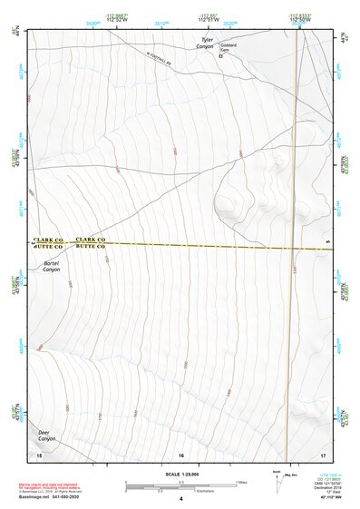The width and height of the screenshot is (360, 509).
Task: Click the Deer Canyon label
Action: click(46, 436)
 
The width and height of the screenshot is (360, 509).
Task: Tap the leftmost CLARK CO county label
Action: click(47, 239)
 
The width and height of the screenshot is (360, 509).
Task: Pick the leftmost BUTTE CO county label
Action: click(47, 246)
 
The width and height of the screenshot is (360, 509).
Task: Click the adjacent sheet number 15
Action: click(38, 454)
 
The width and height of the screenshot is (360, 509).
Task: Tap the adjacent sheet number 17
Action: click(323, 454)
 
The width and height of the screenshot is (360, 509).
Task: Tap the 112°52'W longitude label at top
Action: click(116, 19)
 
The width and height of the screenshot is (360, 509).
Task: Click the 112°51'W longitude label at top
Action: click(208, 19)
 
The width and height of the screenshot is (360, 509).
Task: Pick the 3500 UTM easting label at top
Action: click(92, 24)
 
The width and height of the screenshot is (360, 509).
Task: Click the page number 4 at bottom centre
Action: click(180, 499)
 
